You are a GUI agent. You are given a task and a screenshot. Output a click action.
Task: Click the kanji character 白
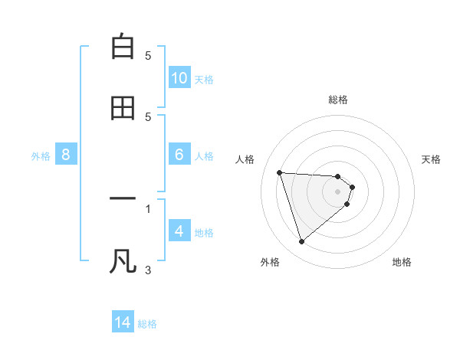pos(123,47)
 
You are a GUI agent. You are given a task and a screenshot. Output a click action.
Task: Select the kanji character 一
pos(123,199)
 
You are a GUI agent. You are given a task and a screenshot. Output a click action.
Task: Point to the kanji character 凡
pos(123,260)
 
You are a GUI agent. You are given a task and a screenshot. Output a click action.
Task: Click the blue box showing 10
pos(179,78)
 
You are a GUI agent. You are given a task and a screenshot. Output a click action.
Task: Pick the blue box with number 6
pos(179,155)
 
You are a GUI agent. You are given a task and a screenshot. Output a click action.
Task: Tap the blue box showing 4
pos(179,231)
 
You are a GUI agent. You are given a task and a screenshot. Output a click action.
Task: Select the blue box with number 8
pos(66,155)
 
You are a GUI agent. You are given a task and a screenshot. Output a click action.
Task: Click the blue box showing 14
pos(123,323)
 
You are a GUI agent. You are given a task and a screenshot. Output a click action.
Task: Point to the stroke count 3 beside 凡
pos(148,270)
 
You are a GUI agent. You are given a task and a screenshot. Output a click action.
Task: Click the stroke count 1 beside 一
pos(148,208)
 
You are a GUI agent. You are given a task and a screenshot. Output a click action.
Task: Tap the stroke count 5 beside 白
pos(148,56)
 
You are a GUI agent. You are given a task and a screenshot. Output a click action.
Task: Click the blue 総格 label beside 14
pos(147,324)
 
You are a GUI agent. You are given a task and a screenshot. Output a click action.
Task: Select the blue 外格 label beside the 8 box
pos(41,155)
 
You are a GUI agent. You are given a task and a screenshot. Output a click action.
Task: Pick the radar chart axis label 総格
pos(338,100)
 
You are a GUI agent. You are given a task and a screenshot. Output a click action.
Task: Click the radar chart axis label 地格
pos(402,263)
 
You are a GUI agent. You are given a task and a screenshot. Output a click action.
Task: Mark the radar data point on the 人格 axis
pos(280,172)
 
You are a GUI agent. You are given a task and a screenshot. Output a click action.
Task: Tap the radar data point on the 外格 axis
pos(301,242)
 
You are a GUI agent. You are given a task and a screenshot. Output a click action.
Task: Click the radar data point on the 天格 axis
pos(352,186)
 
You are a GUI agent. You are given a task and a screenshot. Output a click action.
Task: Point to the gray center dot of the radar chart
pos(338,191)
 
